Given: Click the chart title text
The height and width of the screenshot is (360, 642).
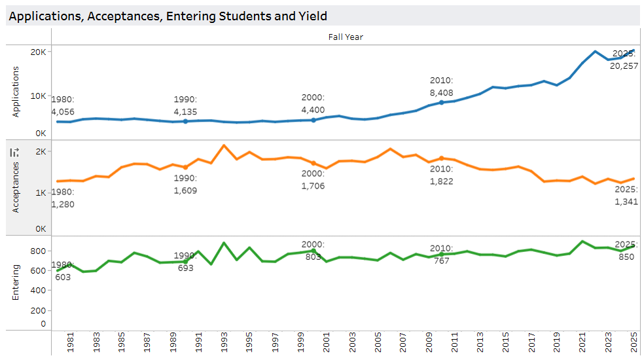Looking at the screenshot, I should click(x=168, y=16).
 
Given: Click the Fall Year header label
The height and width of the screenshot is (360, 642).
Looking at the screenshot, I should click(x=346, y=37).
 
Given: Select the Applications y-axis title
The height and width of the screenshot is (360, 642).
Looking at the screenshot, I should click(x=16, y=92).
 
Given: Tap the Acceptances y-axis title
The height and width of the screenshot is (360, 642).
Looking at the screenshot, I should click(x=16, y=188).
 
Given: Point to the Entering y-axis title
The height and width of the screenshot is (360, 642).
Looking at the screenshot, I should click(x=16, y=282).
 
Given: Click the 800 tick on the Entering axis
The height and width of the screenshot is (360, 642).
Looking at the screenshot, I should click(x=39, y=251).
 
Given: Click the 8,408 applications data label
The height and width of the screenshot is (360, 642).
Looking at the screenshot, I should click(x=441, y=93).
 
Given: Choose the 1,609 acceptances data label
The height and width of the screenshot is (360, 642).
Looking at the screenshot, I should click(x=185, y=190).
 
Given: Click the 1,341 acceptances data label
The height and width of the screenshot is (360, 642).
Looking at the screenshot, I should click(x=626, y=202).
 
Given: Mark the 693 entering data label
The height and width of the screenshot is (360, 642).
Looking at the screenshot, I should click(x=186, y=268).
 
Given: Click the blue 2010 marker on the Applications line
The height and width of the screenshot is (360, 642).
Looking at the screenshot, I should click(x=441, y=103).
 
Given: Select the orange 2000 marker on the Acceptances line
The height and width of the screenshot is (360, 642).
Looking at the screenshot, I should click(x=313, y=163).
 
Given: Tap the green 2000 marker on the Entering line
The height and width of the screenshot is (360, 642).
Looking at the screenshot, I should click(x=313, y=251).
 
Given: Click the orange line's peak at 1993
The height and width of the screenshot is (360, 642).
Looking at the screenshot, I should click(x=224, y=145).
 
